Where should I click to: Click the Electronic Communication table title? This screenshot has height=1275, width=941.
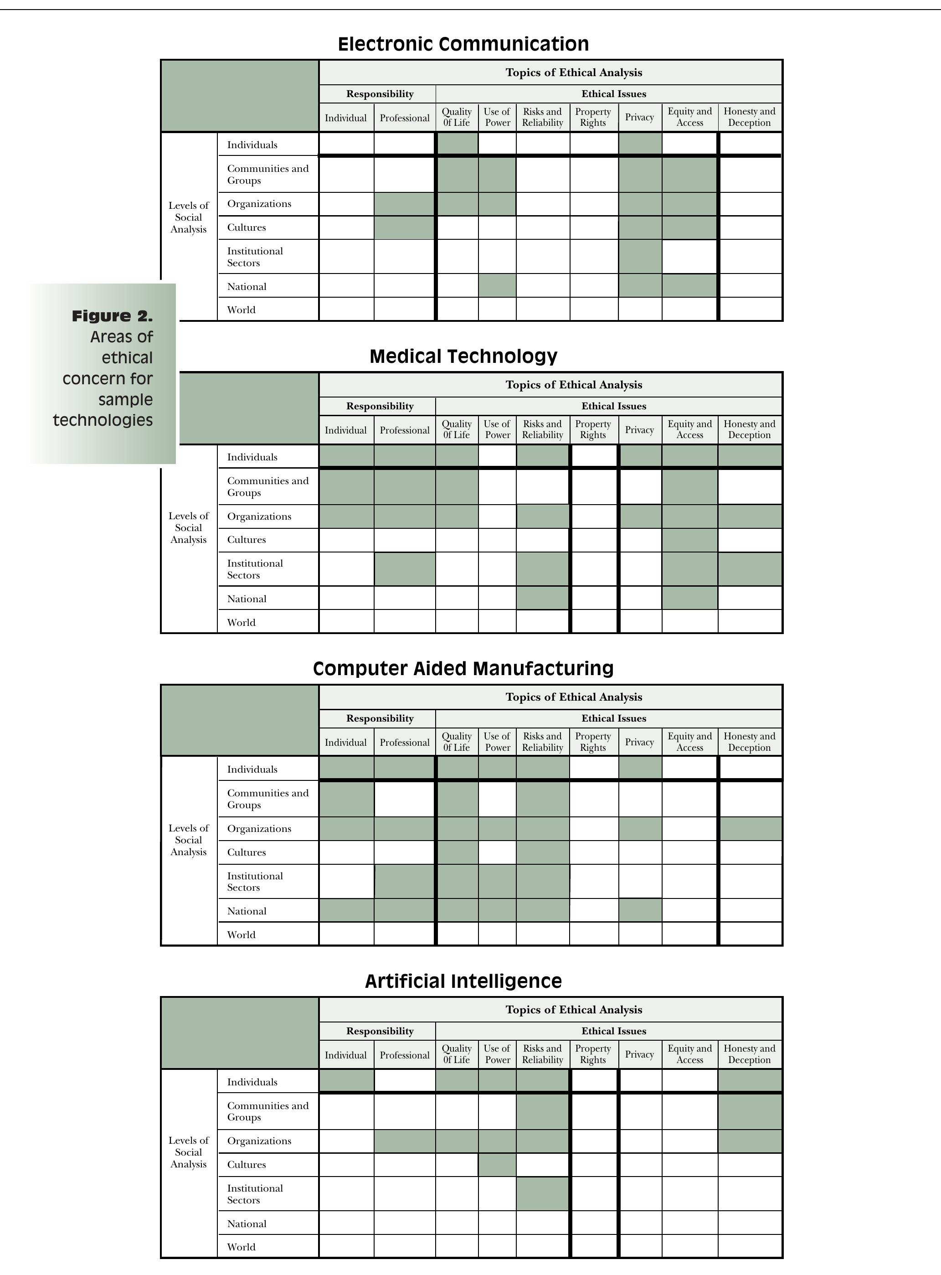(463, 44)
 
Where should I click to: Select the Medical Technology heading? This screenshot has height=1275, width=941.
(463, 356)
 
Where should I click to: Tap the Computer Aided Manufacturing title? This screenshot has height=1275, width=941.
(463, 668)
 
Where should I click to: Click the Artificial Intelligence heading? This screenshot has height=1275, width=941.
(463, 981)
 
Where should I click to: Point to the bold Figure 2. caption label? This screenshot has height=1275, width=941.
(112, 316)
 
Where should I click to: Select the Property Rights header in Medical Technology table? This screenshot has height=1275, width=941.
(593, 429)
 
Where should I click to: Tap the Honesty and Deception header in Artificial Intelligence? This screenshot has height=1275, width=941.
(749, 1054)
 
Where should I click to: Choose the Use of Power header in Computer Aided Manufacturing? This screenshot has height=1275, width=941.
(497, 742)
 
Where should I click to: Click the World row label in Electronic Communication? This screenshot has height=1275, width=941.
(241, 310)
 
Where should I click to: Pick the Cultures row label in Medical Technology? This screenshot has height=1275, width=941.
(246, 540)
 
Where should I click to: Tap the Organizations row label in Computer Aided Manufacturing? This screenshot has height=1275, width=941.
(259, 828)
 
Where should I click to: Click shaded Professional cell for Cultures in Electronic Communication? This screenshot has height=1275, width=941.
(405, 227)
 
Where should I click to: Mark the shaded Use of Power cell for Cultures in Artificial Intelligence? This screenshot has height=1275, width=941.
(497, 1165)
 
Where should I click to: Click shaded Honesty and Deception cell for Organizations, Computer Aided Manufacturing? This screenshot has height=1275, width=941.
(749, 828)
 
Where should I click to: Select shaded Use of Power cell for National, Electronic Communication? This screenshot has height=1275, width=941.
(497, 285)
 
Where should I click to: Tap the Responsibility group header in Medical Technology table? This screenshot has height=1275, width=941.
(379, 406)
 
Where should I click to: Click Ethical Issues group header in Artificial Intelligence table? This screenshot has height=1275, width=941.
(613, 1031)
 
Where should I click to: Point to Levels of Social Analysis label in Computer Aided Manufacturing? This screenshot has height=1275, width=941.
(189, 840)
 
